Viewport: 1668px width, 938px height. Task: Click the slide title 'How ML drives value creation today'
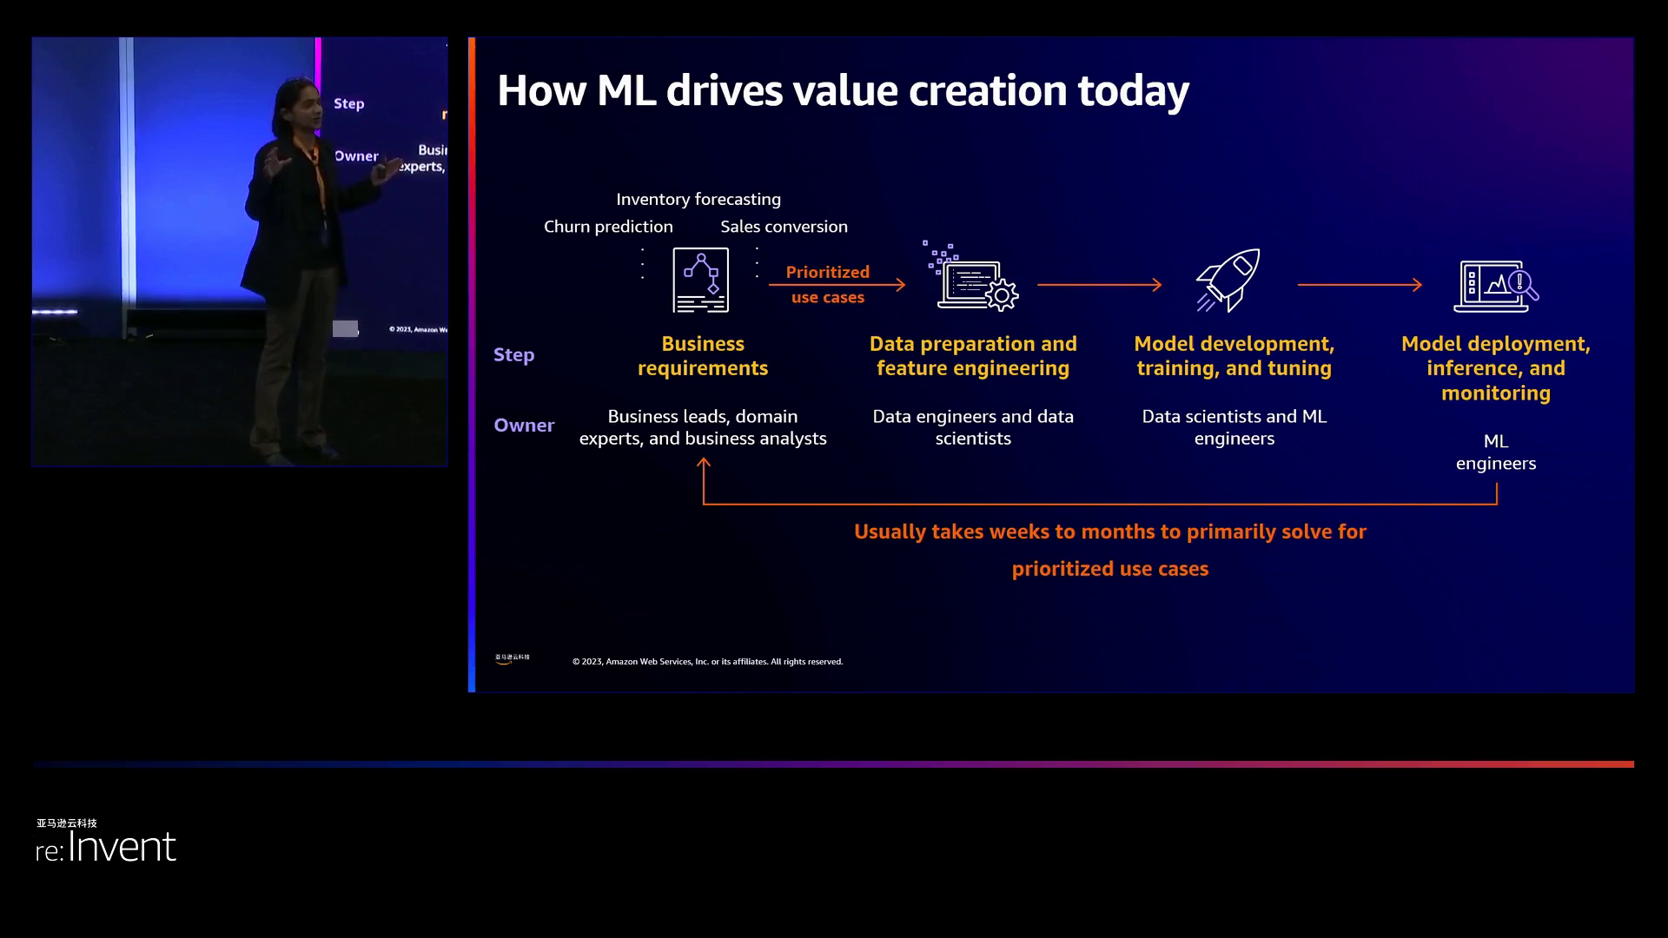click(x=843, y=90)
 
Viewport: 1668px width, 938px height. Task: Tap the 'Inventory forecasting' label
click(x=698, y=199)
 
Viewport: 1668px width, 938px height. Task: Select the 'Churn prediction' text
click(x=608, y=227)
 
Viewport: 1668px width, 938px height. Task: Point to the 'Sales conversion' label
click(x=784, y=227)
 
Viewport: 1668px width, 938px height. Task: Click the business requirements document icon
click(x=700, y=280)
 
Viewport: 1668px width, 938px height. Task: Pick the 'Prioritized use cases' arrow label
click(x=827, y=284)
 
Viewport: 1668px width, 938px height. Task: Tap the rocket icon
click(x=1228, y=280)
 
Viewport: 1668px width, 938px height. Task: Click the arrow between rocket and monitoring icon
click(x=1360, y=285)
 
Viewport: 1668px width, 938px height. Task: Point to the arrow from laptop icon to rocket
click(x=1099, y=285)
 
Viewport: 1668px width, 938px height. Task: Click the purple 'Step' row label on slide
click(x=513, y=355)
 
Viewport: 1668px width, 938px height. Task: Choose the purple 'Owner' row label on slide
click(x=524, y=426)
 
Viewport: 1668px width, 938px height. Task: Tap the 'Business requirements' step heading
click(x=703, y=356)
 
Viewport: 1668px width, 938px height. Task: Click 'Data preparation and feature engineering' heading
click(x=973, y=356)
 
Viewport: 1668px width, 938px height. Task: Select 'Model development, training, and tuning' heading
click(x=1234, y=356)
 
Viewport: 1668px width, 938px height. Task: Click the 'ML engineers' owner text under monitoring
click(x=1496, y=452)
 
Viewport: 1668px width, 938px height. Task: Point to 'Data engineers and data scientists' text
click(x=973, y=427)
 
